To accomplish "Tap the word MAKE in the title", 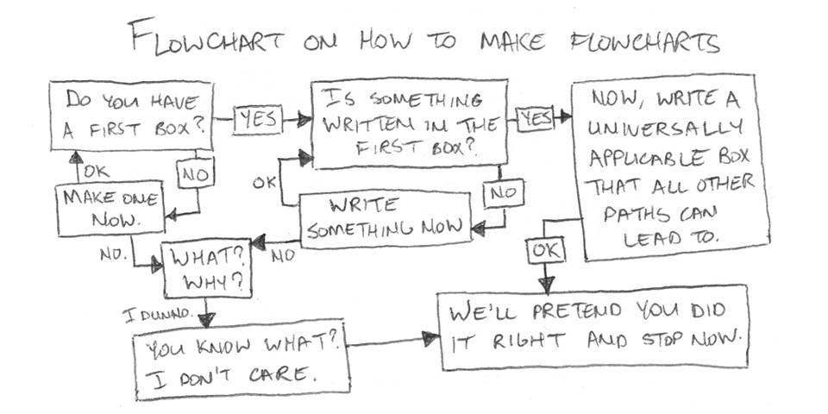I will [497, 41].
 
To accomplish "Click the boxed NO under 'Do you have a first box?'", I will [191, 175].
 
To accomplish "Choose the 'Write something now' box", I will [385, 219].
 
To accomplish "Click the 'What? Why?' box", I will [206, 268].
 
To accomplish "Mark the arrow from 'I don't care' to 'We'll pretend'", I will [393, 342].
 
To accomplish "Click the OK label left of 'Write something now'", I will [264, 183].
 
